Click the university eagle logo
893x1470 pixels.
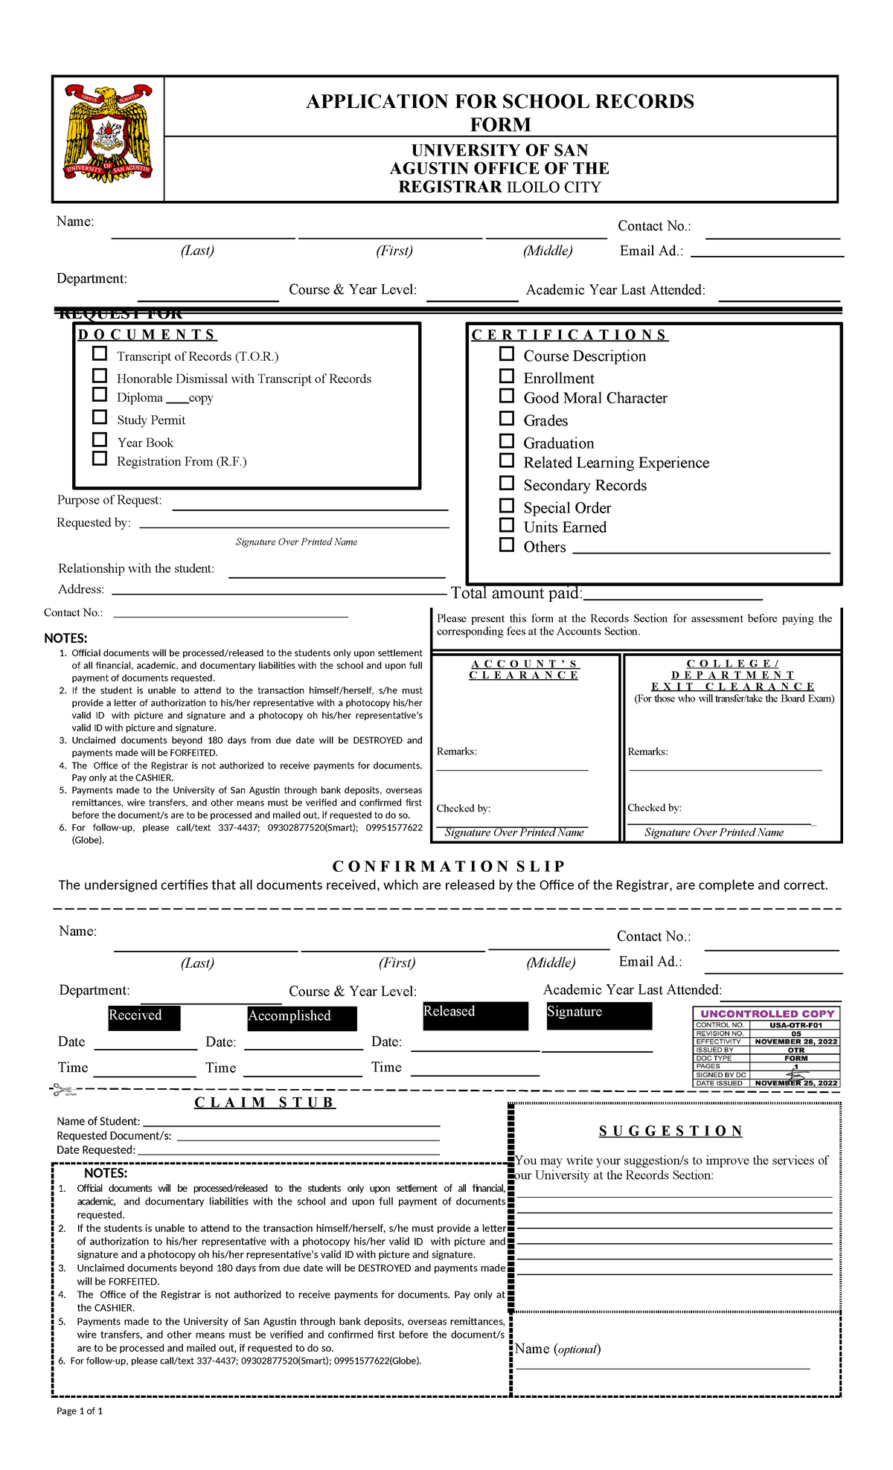tap(109, 138)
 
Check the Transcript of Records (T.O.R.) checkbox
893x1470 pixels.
tap(100, 353)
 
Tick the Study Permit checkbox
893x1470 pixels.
tap(100, 417)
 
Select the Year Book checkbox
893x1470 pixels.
tap(100, 439)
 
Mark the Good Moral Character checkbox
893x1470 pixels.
tap(507, 396)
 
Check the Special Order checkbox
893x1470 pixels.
tap(507, 505)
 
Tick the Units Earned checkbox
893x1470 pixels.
tap(507, 524)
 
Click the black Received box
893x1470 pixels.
tap(144, 1018)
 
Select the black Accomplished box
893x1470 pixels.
tap(302, 1018)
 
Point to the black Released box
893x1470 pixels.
tap(475, 1015)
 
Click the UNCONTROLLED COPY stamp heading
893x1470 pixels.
tap(767, 1013)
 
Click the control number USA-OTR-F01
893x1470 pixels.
tap(796, 1025)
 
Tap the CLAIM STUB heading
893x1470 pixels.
tap(265, 1102)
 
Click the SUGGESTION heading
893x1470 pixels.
tap(670, 1131)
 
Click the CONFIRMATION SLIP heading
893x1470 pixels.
tap(449, 866)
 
